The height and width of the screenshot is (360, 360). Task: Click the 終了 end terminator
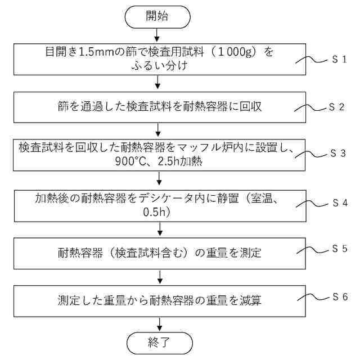(x=160, y=342)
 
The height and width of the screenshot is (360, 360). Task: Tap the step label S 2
(x=339, y=106)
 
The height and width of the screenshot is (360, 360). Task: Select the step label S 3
(x=339, y=154)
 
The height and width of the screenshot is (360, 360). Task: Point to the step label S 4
(x=339, y=201)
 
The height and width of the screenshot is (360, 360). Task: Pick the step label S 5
(x=339, y=248)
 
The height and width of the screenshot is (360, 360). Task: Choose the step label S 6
(x=339, y=295)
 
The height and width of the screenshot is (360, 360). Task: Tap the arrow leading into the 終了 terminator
(x=160, y=323)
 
